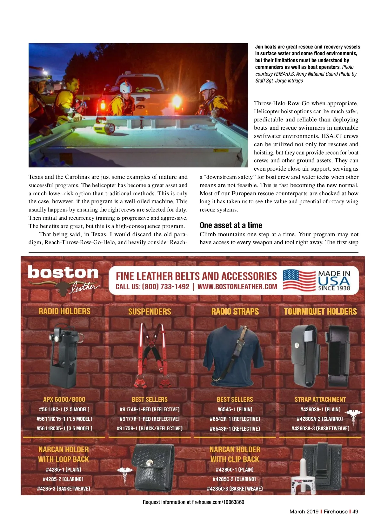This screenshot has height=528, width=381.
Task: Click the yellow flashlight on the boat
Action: coord(104,126)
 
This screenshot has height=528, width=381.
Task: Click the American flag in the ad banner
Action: coord(299,280)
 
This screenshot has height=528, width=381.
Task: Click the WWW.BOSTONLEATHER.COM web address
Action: coord(237,287)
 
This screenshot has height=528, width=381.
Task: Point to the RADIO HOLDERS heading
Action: coord(64,311)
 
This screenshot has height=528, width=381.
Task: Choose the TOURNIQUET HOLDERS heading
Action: coord(320,311)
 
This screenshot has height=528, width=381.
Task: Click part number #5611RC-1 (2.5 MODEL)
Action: coord(64,409)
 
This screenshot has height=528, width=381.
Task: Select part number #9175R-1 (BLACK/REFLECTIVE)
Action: coord(150,428)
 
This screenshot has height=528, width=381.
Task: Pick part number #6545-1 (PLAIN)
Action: coord(235,409)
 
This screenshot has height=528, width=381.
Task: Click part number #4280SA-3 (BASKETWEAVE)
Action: coord(320,428)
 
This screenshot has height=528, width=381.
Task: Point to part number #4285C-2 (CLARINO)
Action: coord(235,479)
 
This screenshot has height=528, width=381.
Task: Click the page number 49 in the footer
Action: coord(355,512)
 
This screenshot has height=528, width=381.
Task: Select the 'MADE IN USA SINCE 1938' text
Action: coord(334,280)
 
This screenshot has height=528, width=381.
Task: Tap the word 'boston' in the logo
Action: coord(63,272)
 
